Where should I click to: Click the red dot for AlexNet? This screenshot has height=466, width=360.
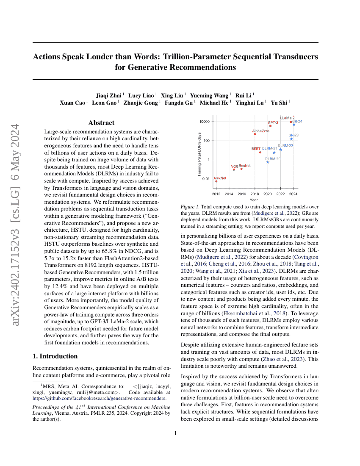[216, 181]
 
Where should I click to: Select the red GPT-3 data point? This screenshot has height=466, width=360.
[270, 126]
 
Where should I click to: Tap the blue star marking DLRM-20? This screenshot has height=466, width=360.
[268, 162]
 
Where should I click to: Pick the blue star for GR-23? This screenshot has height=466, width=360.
[291, 139]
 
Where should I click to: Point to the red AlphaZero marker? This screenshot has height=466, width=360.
[255, 134]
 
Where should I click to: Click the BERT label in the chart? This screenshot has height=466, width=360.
[256, 149]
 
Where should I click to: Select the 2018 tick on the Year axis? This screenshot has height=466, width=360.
[255, 194]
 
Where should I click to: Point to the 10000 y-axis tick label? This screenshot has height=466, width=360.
[205, 122]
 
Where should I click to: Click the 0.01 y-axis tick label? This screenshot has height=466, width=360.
[206, 179]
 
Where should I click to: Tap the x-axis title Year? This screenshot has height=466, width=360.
[254, 200]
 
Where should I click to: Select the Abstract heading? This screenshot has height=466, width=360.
[101, 123]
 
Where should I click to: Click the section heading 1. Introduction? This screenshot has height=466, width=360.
[55, 356]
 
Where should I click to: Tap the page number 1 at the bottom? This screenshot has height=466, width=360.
[175, 433]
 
